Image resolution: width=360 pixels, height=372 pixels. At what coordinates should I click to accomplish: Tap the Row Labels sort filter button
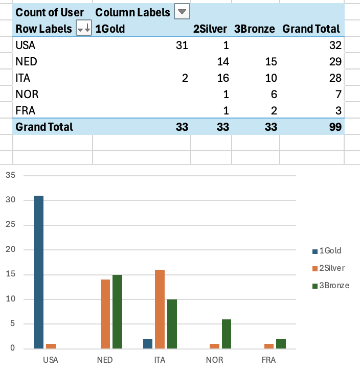[83, 29]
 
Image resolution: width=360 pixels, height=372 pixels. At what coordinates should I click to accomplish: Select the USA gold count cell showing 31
[182, 45]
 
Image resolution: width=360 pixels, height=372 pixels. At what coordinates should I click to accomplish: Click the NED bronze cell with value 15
[271, 61]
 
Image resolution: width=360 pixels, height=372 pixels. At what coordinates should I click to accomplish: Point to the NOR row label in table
[27, 94]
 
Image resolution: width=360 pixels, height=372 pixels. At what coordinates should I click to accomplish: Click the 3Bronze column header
[255, 29]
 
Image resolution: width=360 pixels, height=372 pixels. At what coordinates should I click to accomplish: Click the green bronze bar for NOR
[226, 334]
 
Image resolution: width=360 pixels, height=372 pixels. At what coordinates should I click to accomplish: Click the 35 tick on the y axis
[11, 175]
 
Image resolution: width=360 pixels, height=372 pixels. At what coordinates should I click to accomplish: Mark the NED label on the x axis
[105, 360]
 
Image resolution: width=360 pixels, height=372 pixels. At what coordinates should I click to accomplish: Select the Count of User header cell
[50, 12]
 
